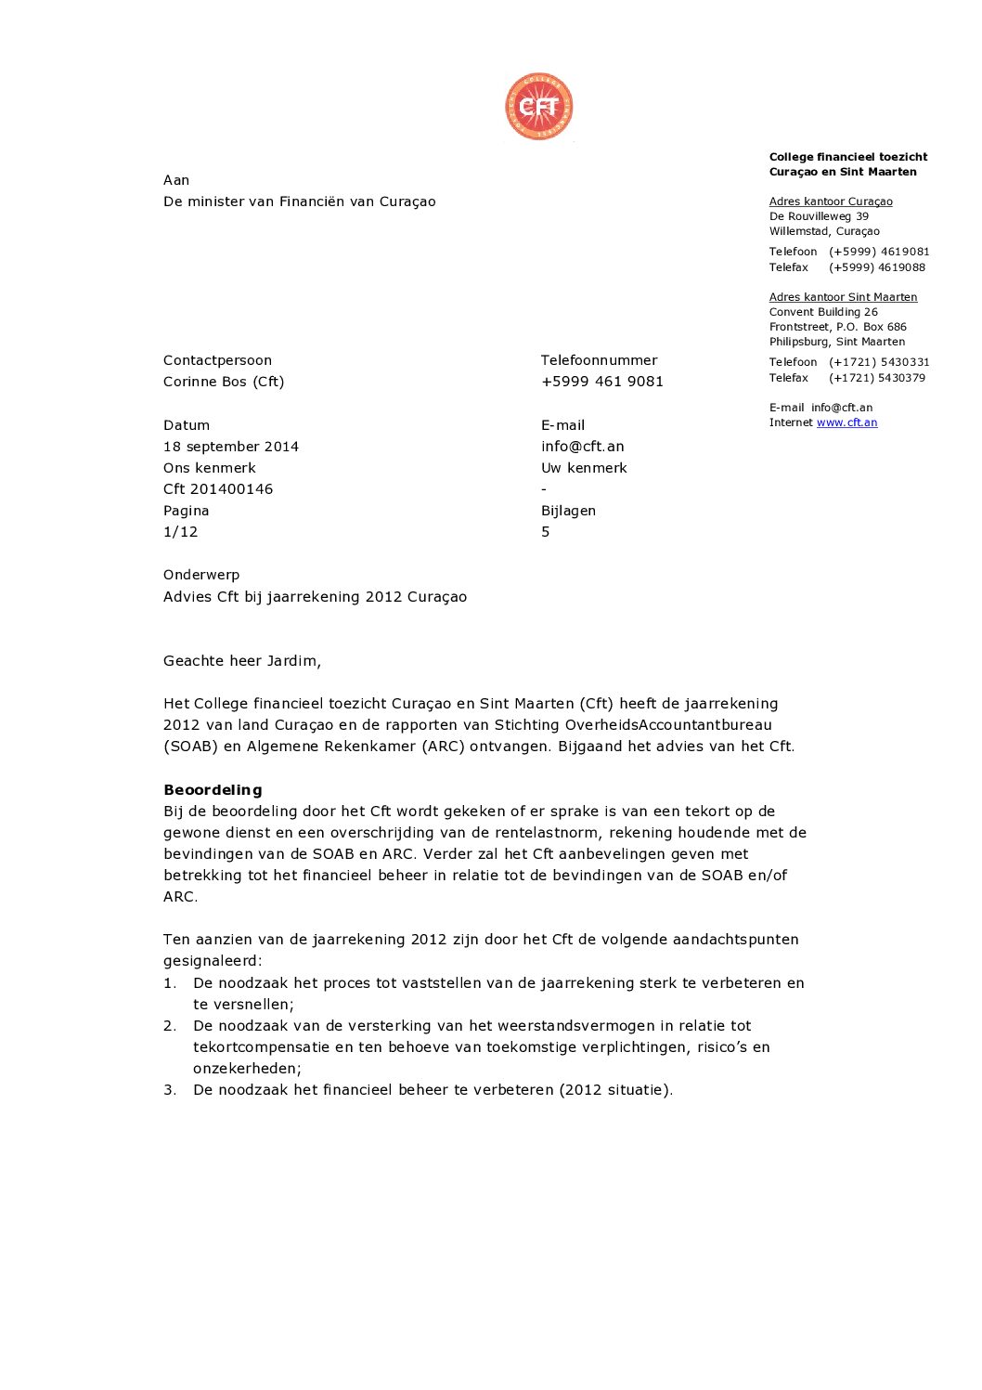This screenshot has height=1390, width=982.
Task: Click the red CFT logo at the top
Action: pyautogui.click(x=538, y=107)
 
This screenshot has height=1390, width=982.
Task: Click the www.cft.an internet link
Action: pyautogui.click(x=846, y=422)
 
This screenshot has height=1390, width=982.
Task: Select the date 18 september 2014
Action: pyautogui.click(x=231, y=447)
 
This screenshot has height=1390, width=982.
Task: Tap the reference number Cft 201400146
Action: pyautogui.click(x=218, y=489)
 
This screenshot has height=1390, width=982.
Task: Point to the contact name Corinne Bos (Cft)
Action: pyautogui.click(x=224, y=382)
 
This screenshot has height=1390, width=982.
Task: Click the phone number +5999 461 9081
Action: pyautogui.click(x=602, y=382)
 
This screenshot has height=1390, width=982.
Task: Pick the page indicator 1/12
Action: pyautogui.click(x=181, y=532)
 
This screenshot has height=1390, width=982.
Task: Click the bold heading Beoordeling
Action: pyautogui.click(x=213, y=790)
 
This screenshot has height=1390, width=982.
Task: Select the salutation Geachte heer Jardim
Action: pyautogui.click(x=242, y=661)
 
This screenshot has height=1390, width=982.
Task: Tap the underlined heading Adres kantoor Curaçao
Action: pyautogui.click(x=831, y=201)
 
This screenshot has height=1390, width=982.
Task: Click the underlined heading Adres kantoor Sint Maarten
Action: pyautogui.click(x=843, y=297)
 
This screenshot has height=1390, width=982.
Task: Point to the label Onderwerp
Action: pyautogui.click(x=201, y=575)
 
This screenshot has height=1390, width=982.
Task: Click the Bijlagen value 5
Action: pyautogui.click(x=546, y=532)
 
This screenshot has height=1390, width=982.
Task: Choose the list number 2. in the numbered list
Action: pyautogui.click(x=170, y=1026)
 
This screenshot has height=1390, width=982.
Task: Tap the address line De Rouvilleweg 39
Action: pyautogui.click(x=819, y=216)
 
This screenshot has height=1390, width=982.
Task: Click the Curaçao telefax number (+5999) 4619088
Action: pyautogui.click(x=877, y=267)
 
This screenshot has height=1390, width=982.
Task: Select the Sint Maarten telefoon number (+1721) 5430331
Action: pyautogui.click(x=879, y=362)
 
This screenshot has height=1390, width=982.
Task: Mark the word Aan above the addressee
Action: pyautogui.click(x=176, y=180)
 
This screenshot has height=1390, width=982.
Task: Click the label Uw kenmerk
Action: pyautogui.click(x=584, y=468)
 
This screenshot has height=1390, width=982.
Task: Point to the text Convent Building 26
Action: pyautogui.click(x=823, y=312)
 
